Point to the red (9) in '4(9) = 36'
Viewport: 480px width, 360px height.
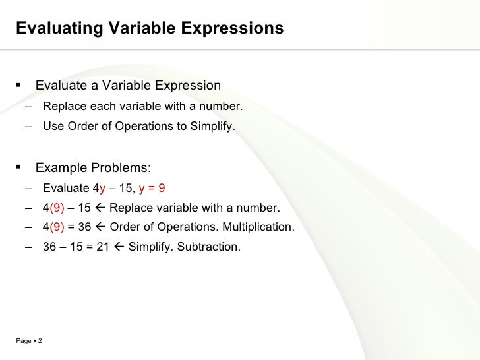[57, 228]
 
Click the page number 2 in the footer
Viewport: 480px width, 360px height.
[40, 340]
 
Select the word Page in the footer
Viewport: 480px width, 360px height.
[22, 340]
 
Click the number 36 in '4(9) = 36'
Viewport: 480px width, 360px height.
[84, 228]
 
